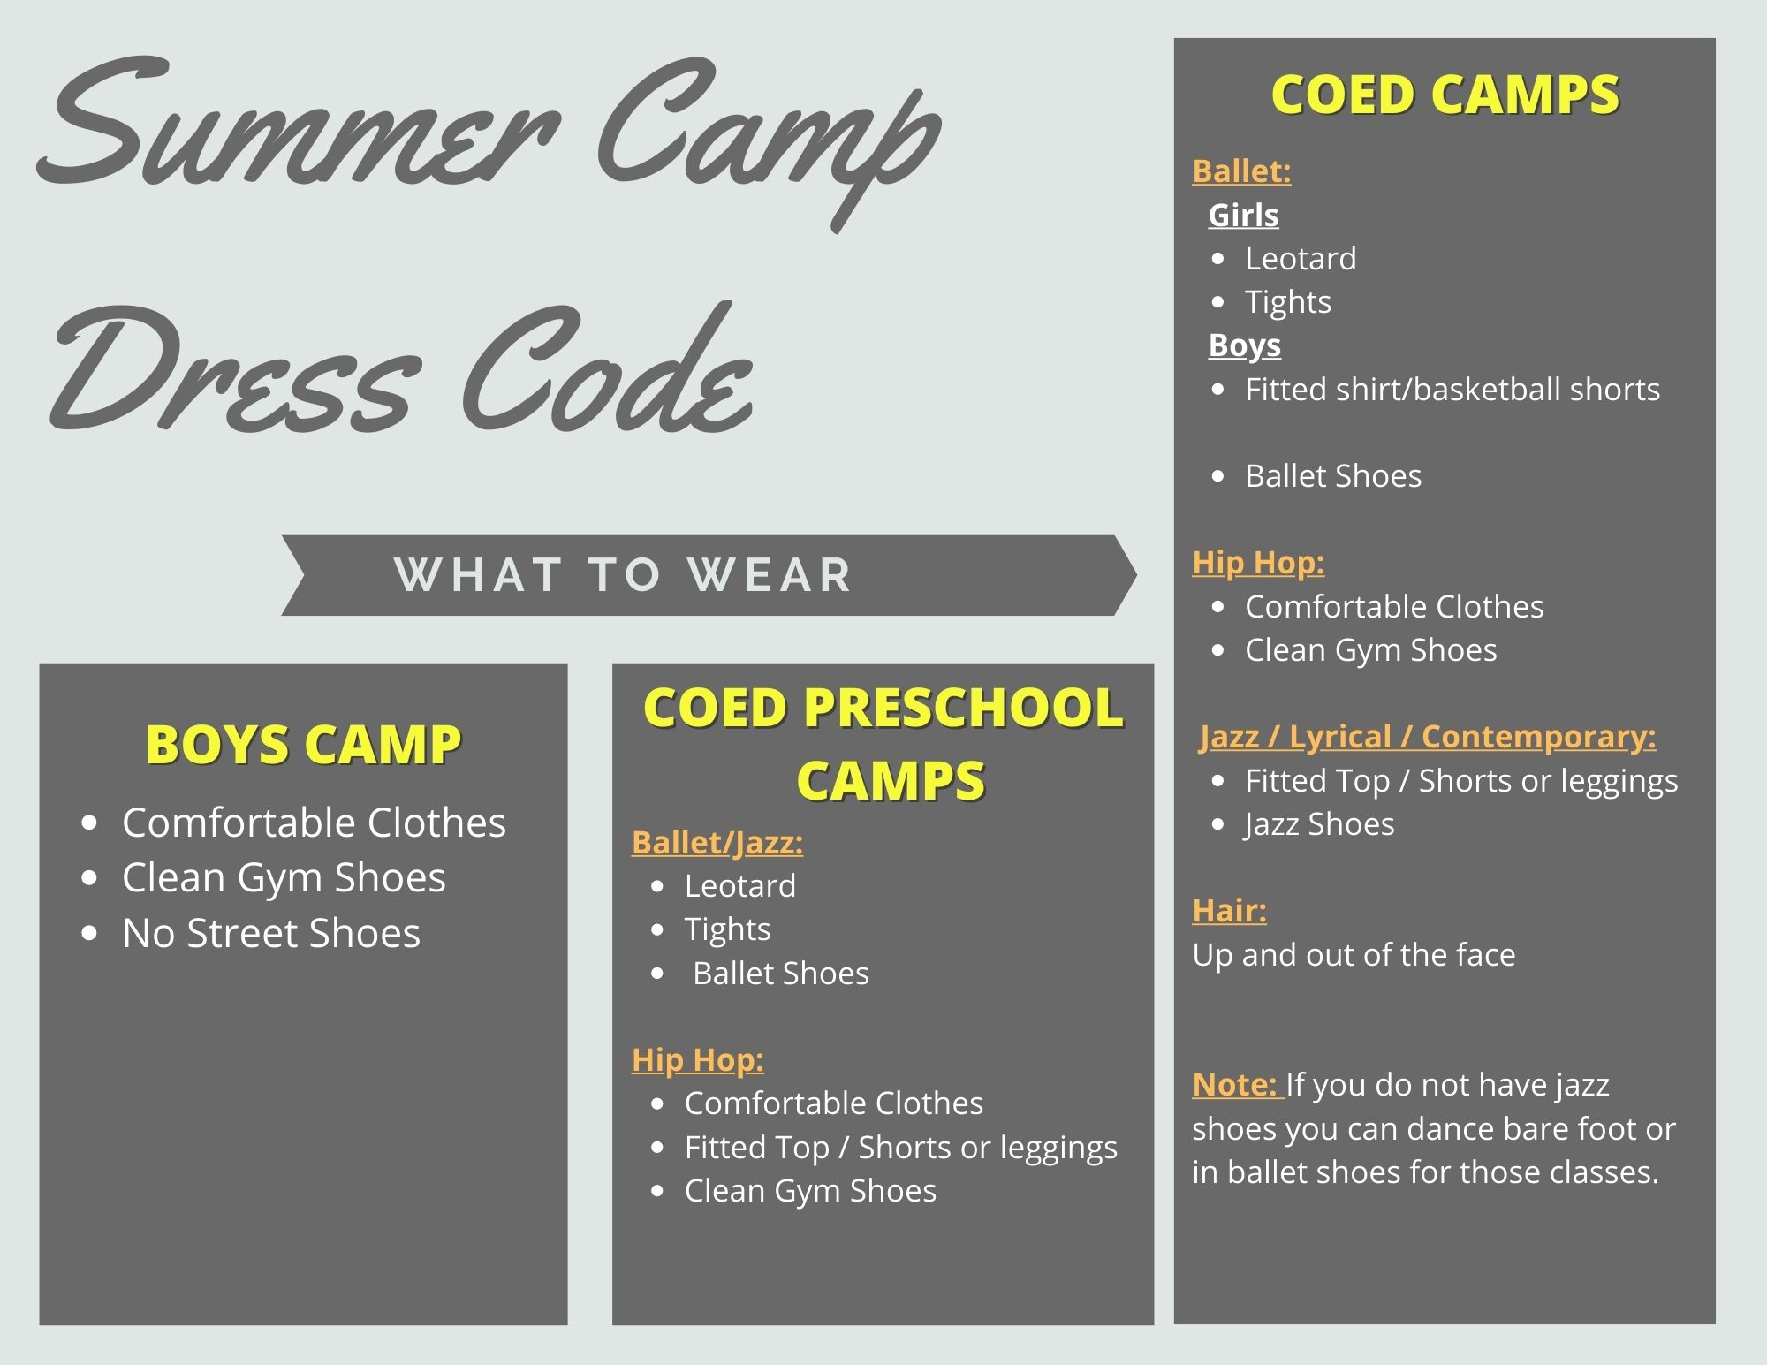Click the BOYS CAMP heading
(303, 744)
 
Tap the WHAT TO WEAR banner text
(623, 574)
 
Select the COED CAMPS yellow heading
(1445, 95)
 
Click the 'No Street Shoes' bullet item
(271, 933)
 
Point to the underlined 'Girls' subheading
(1243, 215)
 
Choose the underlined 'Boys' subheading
(1244, 345)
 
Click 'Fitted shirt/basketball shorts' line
(1452, 389)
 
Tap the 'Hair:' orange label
(1229, 910)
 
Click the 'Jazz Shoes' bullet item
(1319, 824)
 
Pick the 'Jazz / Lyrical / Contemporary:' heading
(1428, 737)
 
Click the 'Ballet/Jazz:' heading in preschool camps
(717, 843)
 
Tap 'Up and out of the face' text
(1354, 955)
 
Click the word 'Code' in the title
(606, 371)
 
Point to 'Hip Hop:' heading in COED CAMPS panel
(1258, 563)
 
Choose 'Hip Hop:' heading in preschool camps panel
(698, 1060)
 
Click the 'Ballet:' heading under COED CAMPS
(1241, 171)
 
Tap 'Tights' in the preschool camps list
(727, 929)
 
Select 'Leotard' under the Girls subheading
(1301, 259)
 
